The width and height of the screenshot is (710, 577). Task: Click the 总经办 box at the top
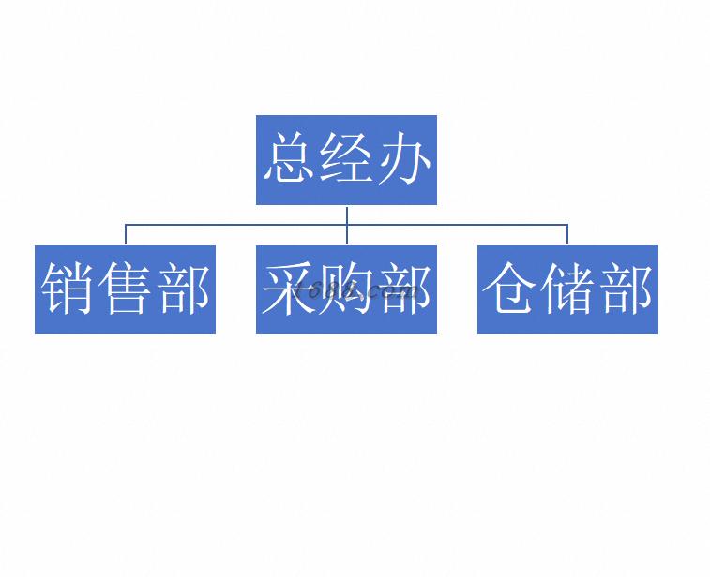pos(346,160)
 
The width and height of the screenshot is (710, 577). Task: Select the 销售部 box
pos(125,289)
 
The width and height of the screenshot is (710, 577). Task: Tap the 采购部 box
pos(346,289)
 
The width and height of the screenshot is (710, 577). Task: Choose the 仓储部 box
pos(567,289)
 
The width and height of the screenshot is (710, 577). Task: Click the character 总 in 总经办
pos(289,157)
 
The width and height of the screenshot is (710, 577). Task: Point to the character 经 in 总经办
pos(347,157)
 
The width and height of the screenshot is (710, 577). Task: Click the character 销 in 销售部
pos(68,288)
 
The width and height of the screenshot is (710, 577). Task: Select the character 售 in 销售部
pos(125,288)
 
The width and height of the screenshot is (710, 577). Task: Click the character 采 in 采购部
pos(289,288)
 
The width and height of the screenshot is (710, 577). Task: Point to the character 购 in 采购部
pos(347,288)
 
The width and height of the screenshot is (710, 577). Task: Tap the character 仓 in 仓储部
pos(510,288)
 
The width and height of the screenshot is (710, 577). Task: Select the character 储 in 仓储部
pos(567,288)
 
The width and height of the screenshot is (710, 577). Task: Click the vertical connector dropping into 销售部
pos(126,234)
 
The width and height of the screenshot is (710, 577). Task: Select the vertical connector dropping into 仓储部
pos(567,234)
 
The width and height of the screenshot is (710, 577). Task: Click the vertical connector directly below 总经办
pos(347,225)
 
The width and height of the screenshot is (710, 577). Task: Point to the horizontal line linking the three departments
pos(346,224)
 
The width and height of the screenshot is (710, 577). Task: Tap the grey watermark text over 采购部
pos(356,291)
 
